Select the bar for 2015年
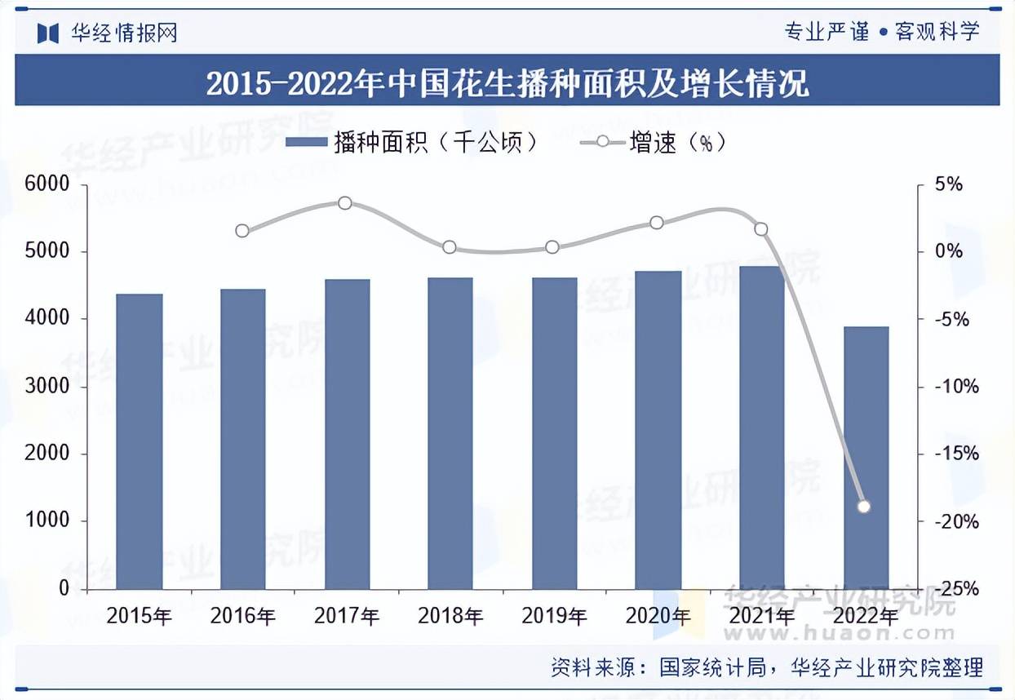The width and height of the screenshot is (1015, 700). coord(140,441)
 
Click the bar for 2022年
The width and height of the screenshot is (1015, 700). coord(866,457)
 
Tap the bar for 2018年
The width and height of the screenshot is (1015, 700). coord(450,432)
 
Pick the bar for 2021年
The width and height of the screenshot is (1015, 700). coord(761,427)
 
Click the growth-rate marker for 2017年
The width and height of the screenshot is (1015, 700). coord(345,202)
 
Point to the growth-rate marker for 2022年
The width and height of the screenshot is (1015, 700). coord(865,507)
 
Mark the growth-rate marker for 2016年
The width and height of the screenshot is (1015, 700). coord(242,231)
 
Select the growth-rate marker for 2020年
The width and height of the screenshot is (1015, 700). coord(657,223)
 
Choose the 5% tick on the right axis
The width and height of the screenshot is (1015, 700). coord(948,184)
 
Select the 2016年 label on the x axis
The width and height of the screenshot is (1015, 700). coord(242,616)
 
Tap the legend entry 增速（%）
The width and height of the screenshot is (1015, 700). coord(653,143)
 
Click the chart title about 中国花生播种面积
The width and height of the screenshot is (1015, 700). coord(507,83)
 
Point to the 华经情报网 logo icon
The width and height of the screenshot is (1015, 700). coord(49,33)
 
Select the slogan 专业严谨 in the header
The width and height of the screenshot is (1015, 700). coord(826,32)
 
